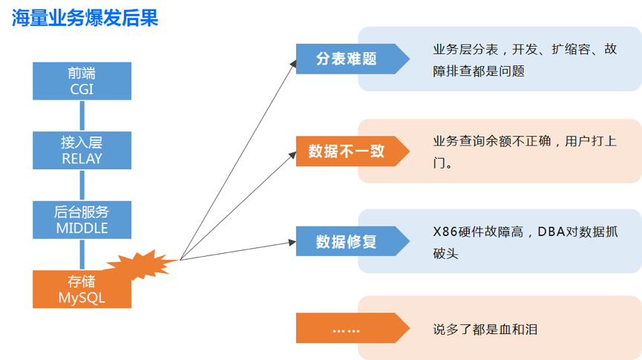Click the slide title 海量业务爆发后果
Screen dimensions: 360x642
(x=86, y=17)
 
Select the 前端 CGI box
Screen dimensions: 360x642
(x=82, y=81)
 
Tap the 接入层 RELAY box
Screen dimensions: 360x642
(x=82, y=150)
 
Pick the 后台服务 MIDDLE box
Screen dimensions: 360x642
(x=82, y=220)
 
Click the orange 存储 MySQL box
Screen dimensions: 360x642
(x=82, y=289)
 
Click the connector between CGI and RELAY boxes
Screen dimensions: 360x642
(x=82, y=116)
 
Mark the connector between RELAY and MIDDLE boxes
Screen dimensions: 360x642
(x=82, y=185)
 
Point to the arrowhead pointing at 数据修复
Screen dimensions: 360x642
(x=292, y=242)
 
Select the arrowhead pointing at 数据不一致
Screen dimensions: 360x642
(x=292, y=155)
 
